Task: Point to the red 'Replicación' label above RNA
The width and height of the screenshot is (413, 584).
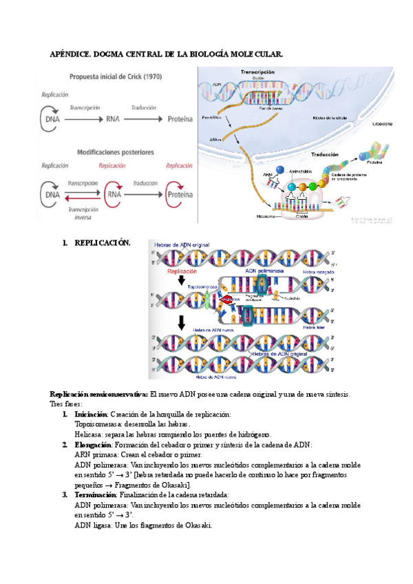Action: pyautogui.click(x=112, y=166)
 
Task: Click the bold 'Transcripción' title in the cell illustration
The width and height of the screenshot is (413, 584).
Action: pyautogui.click(x=257, y=72)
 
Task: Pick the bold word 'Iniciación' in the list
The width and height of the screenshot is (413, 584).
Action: pyautogui.click(x=91, y=414)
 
